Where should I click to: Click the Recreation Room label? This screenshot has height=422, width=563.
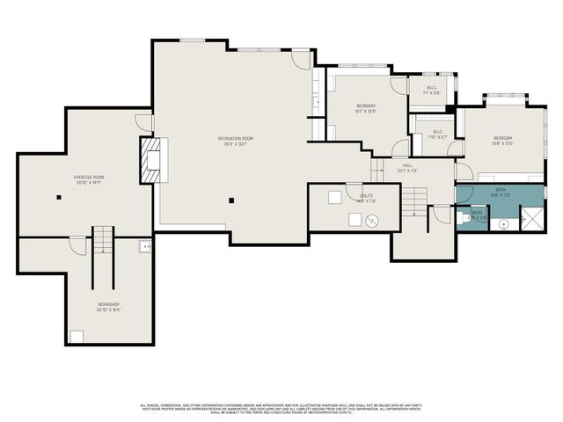click(236, 140)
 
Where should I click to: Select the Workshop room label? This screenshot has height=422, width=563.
click(108, 307)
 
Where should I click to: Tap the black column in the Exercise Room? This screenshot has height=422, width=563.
click(58, 198)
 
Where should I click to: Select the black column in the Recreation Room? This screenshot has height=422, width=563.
click(231, 200)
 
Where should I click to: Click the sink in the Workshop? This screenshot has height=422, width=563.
click(144, 247)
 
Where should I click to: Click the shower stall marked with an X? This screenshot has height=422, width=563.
click(530, 217)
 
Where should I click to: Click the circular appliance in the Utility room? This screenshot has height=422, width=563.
click(372, 222)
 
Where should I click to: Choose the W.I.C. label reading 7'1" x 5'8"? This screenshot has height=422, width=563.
click(432, 89)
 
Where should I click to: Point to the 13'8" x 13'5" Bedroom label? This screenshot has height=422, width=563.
click(502, 140)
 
